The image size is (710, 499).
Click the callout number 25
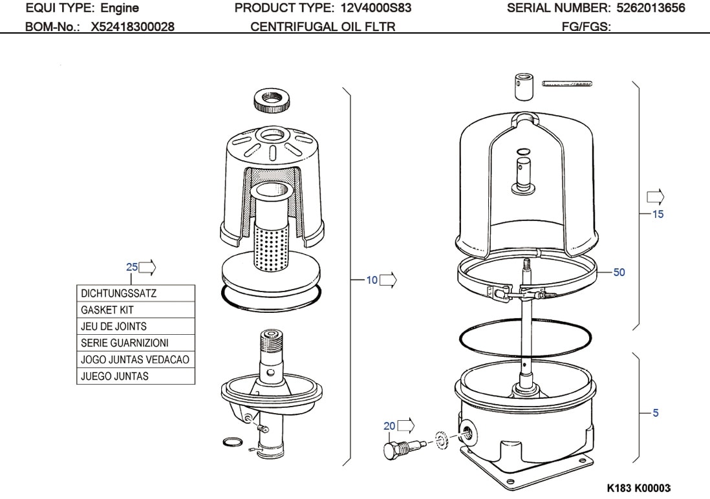[132, 267]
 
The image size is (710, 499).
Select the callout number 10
[372, 280]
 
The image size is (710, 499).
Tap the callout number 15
[658, 214]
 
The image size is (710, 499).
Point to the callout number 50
[619, 272]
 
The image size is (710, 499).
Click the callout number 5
[656, 412]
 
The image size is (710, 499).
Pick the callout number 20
[389, 425]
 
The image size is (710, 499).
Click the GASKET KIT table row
[136, 310]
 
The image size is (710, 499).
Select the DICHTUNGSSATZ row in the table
[136, 293]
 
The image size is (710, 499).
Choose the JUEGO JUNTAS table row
[136, 376]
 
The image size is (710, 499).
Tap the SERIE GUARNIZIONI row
[136, 343]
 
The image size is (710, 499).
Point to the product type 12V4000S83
[376, 8]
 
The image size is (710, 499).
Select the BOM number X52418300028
[132, 27]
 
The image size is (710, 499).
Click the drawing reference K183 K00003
[638, 487]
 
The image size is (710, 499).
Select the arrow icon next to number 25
[148, 266]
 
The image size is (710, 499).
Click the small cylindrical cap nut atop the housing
[524, 87]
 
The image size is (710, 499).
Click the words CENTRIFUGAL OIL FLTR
[323, 27]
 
